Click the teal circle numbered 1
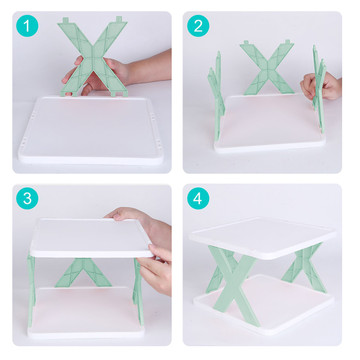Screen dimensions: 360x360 point(27,26)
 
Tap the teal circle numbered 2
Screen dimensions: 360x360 point(198,26)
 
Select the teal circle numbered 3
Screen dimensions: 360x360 point(27,198)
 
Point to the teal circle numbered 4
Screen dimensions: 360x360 point(198,198)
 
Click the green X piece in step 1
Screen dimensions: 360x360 point(93,58)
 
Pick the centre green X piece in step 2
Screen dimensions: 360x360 point(267,68)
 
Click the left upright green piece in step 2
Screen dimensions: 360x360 point(216,97)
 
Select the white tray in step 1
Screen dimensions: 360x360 point(91,131)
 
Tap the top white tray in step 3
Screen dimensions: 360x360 point(92,237)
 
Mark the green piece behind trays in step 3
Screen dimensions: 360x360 point(83,272)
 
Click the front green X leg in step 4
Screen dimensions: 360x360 point(233,283)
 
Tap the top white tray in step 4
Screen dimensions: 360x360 point(263,237)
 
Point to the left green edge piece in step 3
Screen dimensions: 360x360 point(31,290)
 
